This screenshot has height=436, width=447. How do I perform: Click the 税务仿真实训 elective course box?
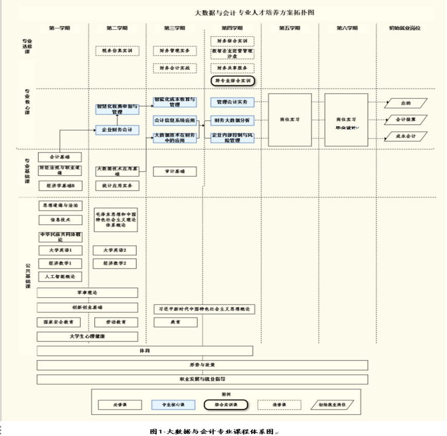(x=117, y=51)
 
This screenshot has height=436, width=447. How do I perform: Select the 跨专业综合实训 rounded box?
(x=233, y=81)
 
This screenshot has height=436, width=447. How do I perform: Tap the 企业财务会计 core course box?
(x=117, y=130)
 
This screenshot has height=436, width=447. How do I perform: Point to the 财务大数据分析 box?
(x=233, y=120)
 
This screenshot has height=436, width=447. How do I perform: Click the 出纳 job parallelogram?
(x=406, y=103)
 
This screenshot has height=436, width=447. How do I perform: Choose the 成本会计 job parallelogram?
(x=406, y=136)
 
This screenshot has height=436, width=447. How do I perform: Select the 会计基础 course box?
(x=60, y=156)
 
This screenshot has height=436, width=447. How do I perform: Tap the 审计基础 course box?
(x=174, y=171)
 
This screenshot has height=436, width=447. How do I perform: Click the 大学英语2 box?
(x=115, y=251)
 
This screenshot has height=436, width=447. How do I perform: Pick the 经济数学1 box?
(x=60, y=263)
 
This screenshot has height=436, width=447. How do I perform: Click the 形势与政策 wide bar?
(x=202, y=365)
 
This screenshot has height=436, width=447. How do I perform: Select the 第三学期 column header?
(x=174, y=28)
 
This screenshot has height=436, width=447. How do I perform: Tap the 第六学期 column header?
(x=347, y=28)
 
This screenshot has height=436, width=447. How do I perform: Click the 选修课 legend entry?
(x=279, y=405)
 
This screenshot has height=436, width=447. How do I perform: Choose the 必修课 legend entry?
(x=120, y=405)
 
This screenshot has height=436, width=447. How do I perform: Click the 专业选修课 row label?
(x=27, y=46)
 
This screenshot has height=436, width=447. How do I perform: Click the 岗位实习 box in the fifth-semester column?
(x=290, y=120)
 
